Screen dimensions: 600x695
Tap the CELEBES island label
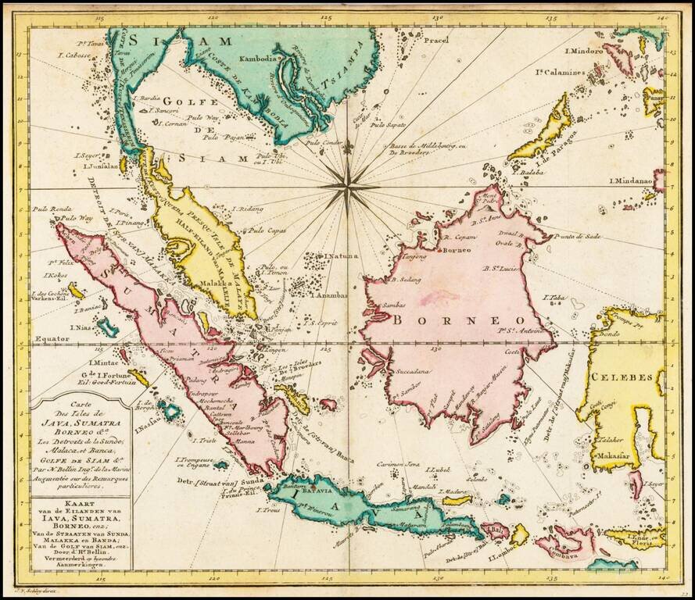pyautogui.click(x=622, y=377)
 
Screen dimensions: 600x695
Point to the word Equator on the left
pyautogui.click(x=52, y=340)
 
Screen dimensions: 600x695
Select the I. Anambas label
pyautogui.click(x=331, y=295)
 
